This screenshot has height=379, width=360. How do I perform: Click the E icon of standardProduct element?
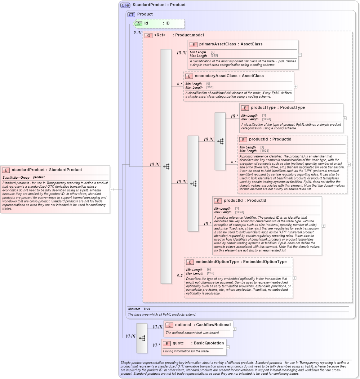tap(6, 170)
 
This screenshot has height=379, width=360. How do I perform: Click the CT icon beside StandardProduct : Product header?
tap(125, 5)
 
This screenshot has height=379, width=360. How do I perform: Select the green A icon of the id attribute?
tap(138, 23)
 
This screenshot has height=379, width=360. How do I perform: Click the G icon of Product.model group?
tap(148, 36)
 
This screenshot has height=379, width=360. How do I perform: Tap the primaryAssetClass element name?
tap(217, 44)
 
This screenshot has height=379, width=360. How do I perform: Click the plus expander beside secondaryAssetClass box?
tap(295, 86)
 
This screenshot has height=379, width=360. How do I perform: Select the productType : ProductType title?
tap(277, 108)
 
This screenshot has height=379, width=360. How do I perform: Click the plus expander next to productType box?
tap(345, 118)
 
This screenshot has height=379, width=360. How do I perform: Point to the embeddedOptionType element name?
tap(217, 262)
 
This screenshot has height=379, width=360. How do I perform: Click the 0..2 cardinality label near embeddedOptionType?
tap(179, 276)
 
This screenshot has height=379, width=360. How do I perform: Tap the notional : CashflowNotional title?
tap(203, 325)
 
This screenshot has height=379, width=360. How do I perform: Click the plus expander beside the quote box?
tap(228, 347)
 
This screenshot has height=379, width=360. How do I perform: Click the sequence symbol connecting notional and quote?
tap(142, 338)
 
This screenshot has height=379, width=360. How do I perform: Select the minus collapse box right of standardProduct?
tap(112, 189)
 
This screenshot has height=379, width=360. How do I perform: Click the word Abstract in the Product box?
tap(134, 309)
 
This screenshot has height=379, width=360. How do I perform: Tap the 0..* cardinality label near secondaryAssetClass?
tap(179, 84)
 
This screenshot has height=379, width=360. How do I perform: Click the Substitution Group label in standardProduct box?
tap(16, 178)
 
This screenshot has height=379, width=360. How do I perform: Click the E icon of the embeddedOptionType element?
tap(190, 262)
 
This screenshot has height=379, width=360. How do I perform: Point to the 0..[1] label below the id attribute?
tap(137, 32)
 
